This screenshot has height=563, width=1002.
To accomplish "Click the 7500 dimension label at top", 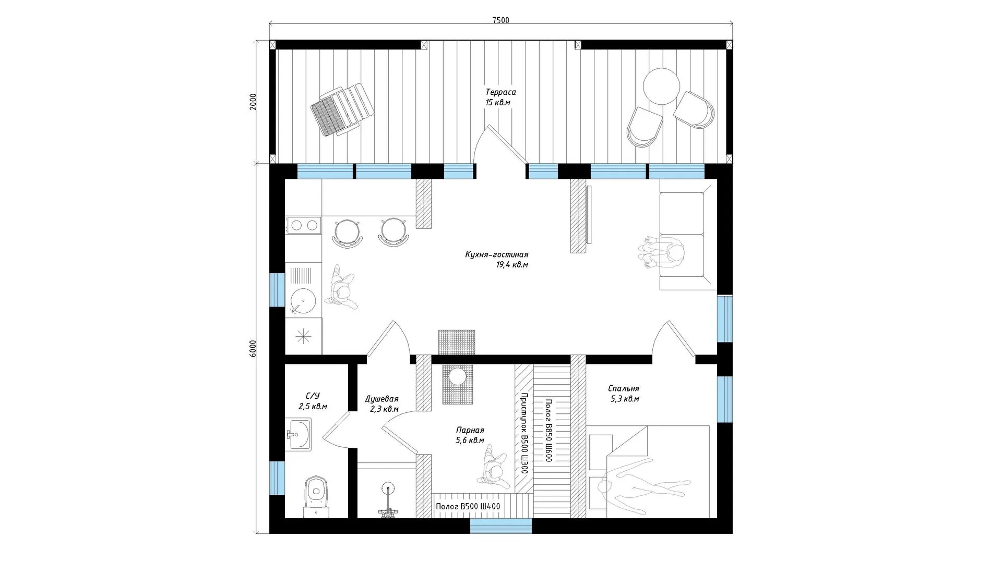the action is point(500,20).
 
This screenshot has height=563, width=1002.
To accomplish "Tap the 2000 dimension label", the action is point(253,101).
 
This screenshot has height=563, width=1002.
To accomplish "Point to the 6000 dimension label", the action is point(253,348).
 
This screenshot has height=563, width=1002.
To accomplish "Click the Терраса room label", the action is point(500,92).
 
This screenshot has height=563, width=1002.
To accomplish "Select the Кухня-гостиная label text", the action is point(497,255).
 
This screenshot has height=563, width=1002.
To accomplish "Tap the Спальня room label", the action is point(624,388).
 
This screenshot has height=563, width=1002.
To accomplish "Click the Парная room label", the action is point(470,430).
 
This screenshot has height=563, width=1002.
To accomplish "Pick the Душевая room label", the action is point(381,399).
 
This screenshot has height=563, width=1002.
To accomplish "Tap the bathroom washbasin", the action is point(299,434).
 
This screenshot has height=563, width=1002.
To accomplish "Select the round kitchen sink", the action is point(303,301).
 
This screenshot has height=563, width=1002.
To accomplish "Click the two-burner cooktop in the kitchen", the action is point(303,225).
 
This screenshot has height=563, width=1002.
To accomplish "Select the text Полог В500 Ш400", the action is point(468,506).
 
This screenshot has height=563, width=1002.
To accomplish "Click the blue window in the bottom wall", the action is point(501,526).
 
